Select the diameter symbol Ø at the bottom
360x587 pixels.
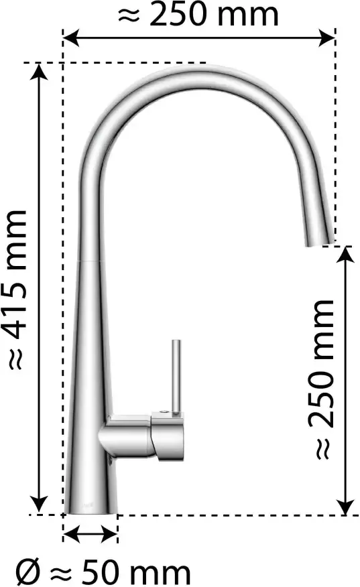point(27,572)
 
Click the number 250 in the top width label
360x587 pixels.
point(179,15)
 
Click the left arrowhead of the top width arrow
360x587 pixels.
point(71,38)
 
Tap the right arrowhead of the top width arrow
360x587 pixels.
point(326,38)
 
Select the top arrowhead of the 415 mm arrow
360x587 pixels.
point(39,72)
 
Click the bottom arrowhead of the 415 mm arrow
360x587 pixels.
point(39,505)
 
